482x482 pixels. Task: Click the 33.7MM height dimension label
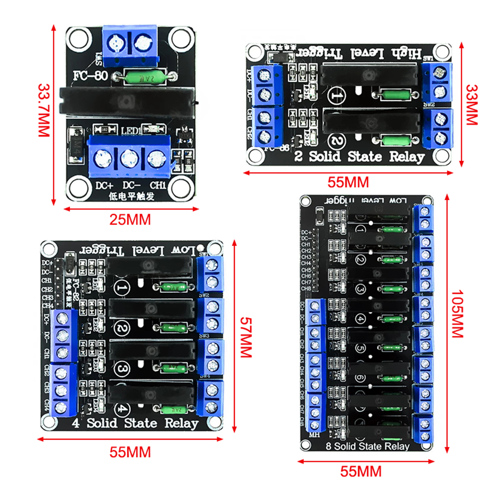click(44, 111)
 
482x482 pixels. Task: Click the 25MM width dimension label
click(130, 219)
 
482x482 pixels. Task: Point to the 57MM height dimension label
click(246, 337)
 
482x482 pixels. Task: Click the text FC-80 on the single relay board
click(93, 76)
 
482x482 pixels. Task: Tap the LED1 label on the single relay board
click(130, 130)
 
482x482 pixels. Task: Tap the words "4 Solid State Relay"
click(135, 423)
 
